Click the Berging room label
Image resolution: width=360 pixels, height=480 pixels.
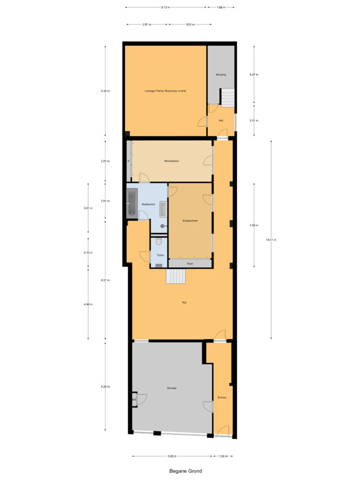click(221, 75)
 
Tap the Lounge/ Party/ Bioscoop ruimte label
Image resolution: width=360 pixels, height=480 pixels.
click(166, 91)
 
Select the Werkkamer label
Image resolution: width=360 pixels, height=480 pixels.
click(172, 161)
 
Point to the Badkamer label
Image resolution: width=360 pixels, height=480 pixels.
click(149, 204)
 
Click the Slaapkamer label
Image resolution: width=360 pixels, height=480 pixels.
click(190, 220)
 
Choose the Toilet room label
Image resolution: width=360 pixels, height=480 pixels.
click(160, 256)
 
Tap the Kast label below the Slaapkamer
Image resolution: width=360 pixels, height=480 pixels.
click(190, 263)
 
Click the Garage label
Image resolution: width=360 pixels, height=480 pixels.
click(172, 388)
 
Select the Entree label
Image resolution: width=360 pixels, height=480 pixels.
click(222, 397)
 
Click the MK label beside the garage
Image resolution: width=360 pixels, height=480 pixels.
click(134, 399)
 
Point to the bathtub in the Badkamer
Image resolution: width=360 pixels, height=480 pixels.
click(132, 202)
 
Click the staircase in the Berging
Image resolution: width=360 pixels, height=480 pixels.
click(227, 97)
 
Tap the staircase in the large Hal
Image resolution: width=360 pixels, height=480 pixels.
click(176, 277)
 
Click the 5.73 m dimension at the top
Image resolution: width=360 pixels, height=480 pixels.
click(165, 7)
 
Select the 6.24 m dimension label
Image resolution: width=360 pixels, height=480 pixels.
click(105, 387)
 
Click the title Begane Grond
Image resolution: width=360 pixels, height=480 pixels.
click(186, 471)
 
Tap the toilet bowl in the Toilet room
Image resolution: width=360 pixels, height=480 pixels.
click(159, 241)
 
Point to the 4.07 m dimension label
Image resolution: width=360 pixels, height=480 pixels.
click(254, 75)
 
